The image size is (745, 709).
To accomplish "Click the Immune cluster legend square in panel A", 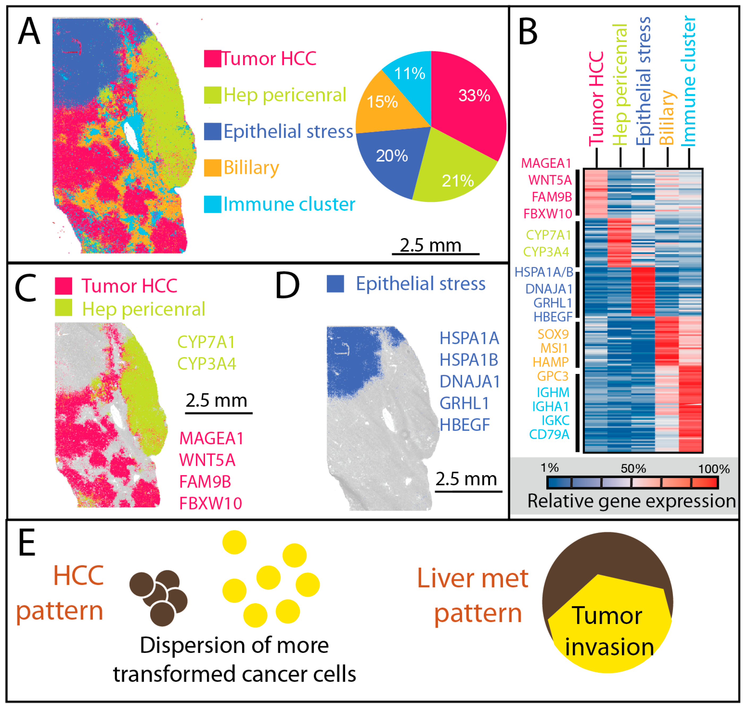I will pos(212,204).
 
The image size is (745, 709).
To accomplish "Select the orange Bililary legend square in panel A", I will pos(212,168).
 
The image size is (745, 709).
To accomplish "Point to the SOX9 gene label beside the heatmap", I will pos(553,334).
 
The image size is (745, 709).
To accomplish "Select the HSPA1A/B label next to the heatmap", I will pos(544,272).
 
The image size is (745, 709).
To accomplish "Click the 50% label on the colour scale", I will pos(633,469).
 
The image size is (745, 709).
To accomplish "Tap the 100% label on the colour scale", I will pos(713,469).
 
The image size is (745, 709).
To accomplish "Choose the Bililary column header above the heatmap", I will pos(667,117).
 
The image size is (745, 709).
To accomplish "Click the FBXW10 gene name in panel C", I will pos(210,503).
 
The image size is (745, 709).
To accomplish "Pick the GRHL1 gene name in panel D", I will pos(464,404).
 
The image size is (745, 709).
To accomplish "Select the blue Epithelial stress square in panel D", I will pos(335,284).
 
